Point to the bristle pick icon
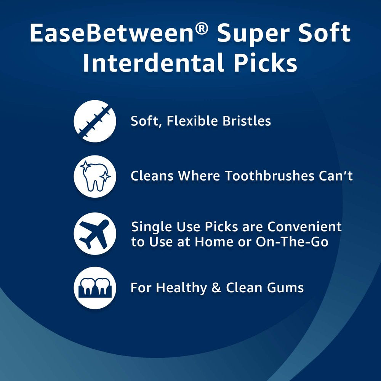pos(94,121)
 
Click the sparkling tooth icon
pos(94,176)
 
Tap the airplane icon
pos(94,233)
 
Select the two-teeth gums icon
pos(94,288)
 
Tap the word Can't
pos(337,176)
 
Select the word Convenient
pos(305,227)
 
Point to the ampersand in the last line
pos(216,288)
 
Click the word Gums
pos(286,288)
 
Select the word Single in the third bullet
pos(150,227)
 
